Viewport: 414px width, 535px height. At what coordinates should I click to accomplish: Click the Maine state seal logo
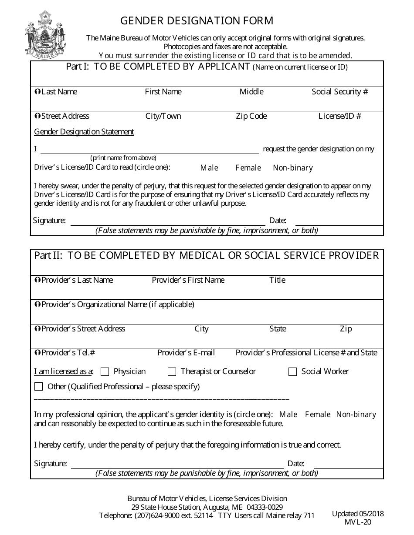45,34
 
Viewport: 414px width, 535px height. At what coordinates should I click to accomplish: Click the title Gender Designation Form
197,20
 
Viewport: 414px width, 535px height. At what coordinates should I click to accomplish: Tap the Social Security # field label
339,92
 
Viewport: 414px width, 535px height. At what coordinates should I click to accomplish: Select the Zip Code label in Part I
251,116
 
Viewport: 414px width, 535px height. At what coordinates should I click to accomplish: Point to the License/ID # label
339,116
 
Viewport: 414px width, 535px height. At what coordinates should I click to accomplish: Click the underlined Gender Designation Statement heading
84,132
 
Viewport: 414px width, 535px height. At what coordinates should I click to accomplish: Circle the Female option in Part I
248,168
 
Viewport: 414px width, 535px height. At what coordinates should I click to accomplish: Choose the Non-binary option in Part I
293,168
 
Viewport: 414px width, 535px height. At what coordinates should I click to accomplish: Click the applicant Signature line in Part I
168,221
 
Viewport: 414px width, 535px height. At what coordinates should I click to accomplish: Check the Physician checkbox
105,371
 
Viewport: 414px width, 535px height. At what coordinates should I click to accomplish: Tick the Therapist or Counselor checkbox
172,371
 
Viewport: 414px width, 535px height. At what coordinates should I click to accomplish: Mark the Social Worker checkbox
293,371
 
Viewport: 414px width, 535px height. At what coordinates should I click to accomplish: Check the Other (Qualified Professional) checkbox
39,387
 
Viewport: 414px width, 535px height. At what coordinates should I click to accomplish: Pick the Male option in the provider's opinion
288,415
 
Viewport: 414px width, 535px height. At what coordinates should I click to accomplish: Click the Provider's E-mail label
186,353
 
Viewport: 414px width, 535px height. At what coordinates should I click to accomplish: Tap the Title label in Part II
277,280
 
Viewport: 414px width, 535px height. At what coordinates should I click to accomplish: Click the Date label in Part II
295,464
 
